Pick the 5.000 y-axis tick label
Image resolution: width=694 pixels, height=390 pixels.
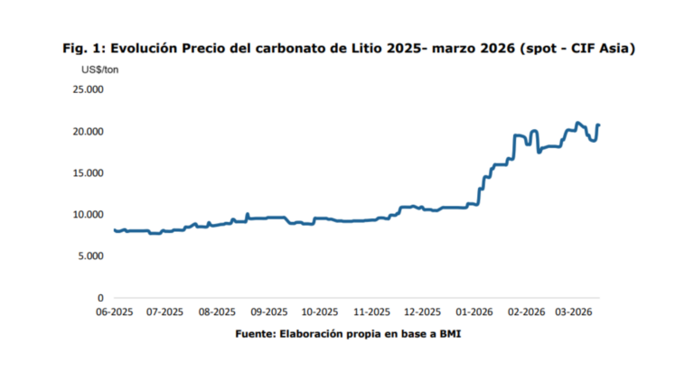pos(89,255)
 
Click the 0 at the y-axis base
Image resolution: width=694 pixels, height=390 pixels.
pos(100,297)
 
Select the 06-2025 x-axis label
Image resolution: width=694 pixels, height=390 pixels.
pos(115,312)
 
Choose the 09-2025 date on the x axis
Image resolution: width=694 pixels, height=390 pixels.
pos(269,312)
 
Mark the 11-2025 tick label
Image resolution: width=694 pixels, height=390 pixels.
pos(371,312)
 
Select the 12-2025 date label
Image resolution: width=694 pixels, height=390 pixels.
pos(423,312)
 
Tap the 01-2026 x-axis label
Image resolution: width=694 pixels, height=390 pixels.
pos(474,312)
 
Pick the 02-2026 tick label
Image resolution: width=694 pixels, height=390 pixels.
pos(526,312)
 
